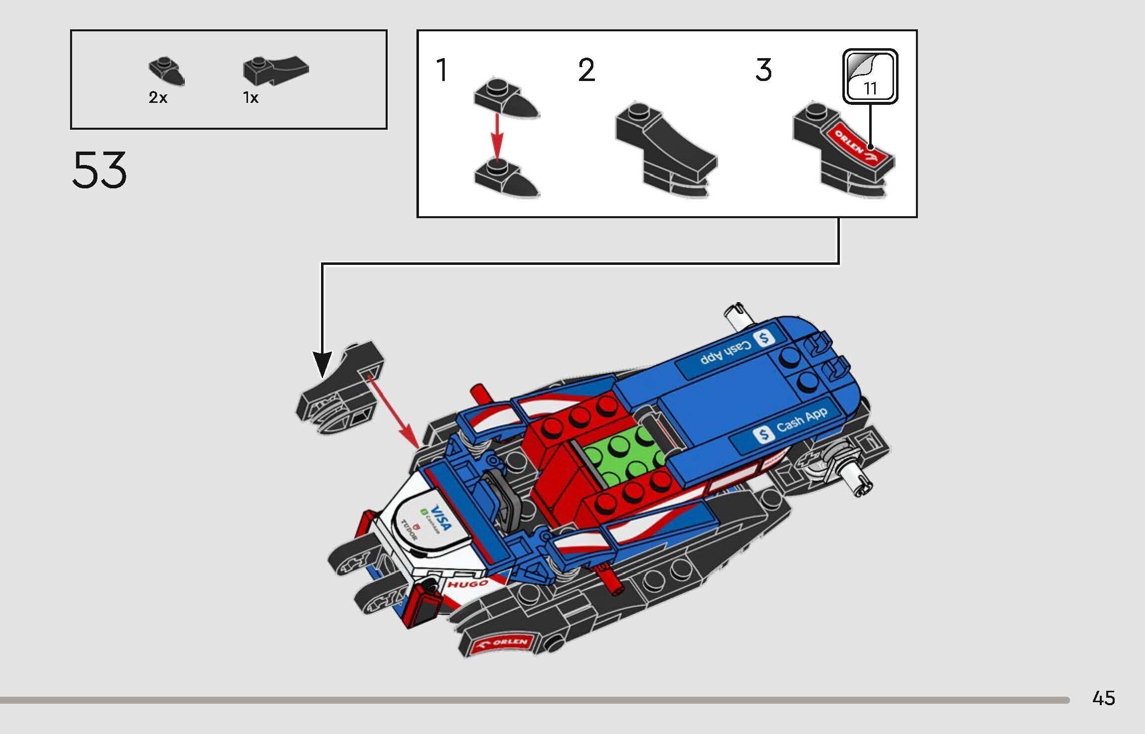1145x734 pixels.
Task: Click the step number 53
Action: click(99, 170)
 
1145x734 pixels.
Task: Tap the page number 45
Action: click(1103, 698)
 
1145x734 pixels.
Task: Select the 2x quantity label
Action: click(158, 98)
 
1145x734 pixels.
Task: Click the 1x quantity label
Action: click(250, 98)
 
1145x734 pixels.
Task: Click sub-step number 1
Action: click(441, 70)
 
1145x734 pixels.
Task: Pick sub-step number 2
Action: click(586, 70)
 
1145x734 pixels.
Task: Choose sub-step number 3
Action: click(763, 70)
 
